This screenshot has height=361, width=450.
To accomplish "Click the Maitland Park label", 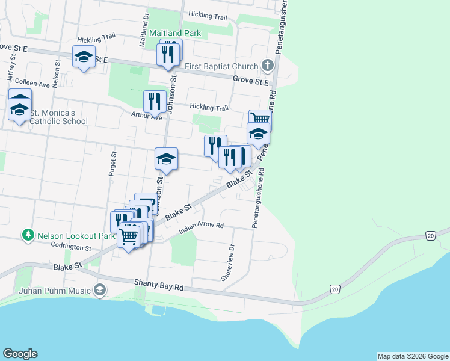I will [x=176, y=33].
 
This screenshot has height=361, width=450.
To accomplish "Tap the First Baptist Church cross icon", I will [x=268, y=66].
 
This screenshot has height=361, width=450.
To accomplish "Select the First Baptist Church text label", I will [x=221, y=66].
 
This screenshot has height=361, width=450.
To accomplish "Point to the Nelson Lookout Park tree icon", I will [x=26, y=235].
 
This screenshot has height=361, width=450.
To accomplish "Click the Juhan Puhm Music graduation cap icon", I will [x=100, y=291].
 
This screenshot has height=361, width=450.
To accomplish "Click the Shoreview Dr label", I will [x=227, y=263].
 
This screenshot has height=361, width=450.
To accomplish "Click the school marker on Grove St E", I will [x=84, y=57].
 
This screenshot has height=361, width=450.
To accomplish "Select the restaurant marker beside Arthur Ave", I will [x=155, y=102].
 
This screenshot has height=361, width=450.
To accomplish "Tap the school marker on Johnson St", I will [x=166, y=159].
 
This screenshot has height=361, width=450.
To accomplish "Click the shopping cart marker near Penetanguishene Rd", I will [x=260, y=119].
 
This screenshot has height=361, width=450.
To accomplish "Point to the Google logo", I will [x=20, y=354].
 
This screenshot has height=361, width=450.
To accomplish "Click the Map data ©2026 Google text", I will [x=413, y=356].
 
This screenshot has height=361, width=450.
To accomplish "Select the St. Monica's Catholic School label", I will [x=59, y=117].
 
